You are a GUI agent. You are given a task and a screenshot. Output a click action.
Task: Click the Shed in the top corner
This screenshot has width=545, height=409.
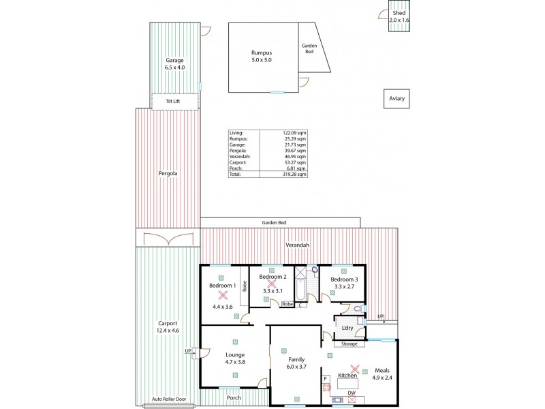click(399, 17)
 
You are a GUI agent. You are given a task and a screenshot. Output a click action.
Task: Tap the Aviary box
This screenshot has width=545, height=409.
click(397, 99)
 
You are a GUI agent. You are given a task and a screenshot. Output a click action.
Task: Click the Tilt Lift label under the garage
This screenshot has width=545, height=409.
click(175, 101)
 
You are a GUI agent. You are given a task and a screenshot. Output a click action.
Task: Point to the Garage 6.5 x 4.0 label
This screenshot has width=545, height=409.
click(174, 64)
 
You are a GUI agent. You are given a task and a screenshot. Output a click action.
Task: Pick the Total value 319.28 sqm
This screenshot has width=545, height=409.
click(296, 175)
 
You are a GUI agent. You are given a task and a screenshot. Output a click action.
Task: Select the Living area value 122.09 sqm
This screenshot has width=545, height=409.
click(296, 134)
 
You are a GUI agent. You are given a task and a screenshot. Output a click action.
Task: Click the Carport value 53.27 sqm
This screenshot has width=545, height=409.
click(296, 163)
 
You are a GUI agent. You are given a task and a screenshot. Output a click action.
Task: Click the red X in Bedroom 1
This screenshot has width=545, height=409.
click(222, 296)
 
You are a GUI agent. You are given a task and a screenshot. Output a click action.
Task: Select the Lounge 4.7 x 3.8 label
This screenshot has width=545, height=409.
click(234, 359)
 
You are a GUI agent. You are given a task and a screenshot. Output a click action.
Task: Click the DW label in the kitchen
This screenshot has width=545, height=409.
click(352, 393)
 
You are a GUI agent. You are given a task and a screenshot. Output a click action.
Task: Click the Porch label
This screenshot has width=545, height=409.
click(233, 398)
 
